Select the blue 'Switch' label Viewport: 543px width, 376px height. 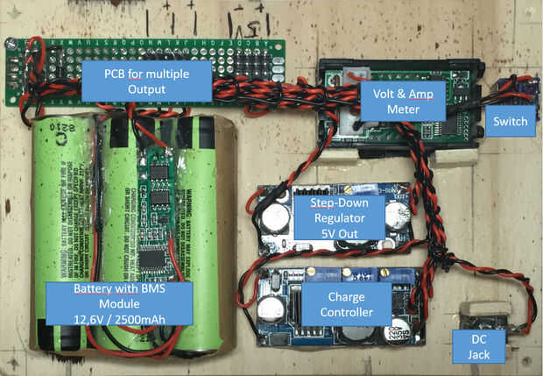pyautogui.click(x=510, y=121)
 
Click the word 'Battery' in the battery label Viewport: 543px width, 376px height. pyautogui.click(x=74, y=288)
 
